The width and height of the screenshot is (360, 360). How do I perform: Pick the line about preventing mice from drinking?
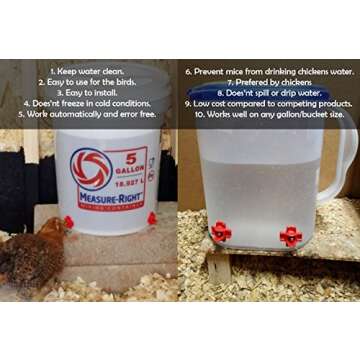[269, 72]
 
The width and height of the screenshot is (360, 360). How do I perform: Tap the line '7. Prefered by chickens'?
[269, 82]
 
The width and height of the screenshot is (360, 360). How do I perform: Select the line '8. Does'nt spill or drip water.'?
[269, 92]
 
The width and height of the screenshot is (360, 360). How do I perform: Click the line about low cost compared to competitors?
[269, 102]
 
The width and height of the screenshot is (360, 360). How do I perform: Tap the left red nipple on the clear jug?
[220, 232]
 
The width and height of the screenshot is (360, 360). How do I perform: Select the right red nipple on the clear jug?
[291, 236]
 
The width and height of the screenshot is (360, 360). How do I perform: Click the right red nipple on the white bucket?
[152, 218]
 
